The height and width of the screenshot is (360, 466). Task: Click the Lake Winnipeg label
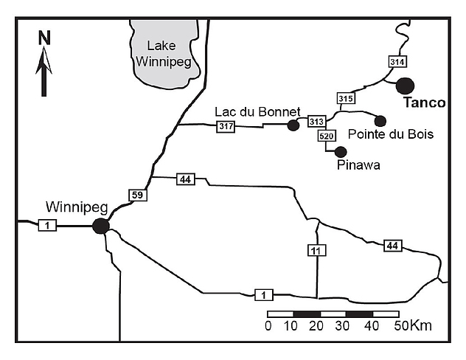[163, 54]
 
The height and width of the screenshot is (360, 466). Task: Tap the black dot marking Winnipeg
[101, 226]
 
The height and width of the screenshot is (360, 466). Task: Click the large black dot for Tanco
[405, 86]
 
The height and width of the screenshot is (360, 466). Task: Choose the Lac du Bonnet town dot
[293, 125]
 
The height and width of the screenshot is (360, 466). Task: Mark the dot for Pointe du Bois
[380, 121]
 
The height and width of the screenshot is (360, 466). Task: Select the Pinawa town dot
[341, 151]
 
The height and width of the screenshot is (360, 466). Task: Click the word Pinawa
[358, 165]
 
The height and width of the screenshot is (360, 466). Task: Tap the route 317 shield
[226, 127]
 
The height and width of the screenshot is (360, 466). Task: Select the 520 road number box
[327, 136]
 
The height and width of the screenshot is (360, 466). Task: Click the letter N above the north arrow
[44, 37]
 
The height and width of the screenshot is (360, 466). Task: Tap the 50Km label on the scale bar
[413, 326]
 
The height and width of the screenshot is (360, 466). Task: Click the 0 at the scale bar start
[268, 326]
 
